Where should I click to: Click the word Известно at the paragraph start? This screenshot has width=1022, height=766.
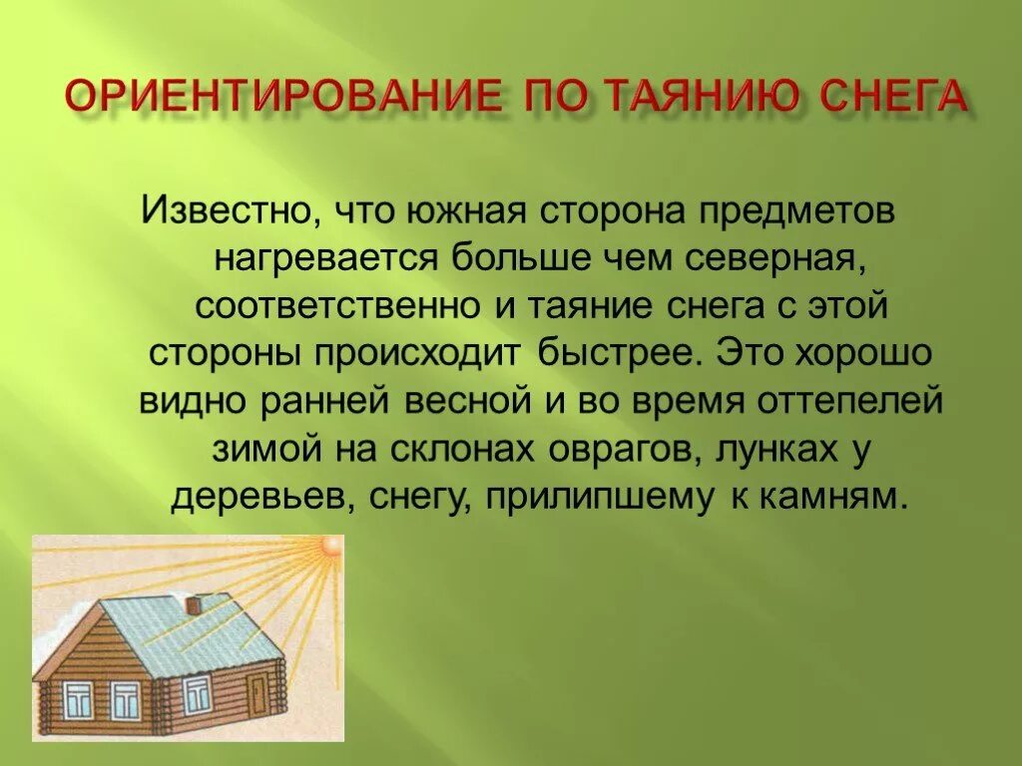[222, 211]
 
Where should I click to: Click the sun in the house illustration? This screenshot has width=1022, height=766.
[328, 549]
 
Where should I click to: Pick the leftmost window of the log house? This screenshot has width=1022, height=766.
[78, 698]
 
